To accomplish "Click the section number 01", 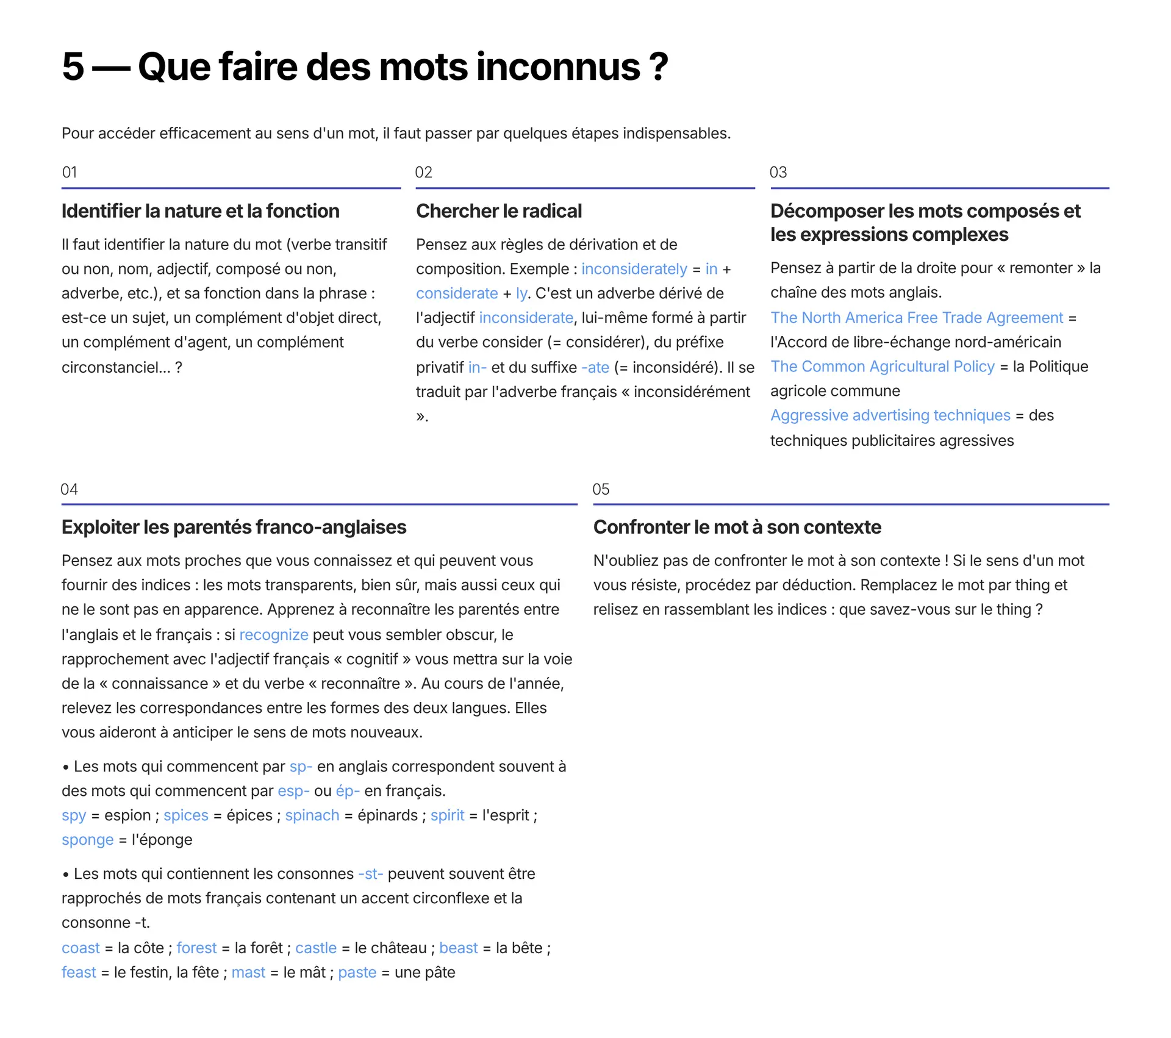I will click(x=70, y=173).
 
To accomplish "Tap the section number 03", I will click(x=778, y=173).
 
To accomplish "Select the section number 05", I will click(x=601, y=489).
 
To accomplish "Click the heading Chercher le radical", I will click(x=498, y=211).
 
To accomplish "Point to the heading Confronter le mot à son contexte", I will click(x=737, y=527).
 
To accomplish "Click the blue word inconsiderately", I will click(x=634, y=269).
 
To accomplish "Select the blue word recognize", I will click(x=274, y=635).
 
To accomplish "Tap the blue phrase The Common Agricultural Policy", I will click(x=882, y=367).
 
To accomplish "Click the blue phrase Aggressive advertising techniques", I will click(x=890, y=415).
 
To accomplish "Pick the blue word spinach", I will click(x=312, y=815).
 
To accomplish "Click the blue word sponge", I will click(x=87, y=840).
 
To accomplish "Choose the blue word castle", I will click(x=315, y=948).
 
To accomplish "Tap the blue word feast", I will click(x=79, y=972).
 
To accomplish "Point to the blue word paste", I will click(x=357, y=972).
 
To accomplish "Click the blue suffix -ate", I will click(x=595, y=367).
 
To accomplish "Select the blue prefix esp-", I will click(x=293, y=791).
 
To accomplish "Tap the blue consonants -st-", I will click(x=371, y=874).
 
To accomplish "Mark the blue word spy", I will click(x=74, y=815).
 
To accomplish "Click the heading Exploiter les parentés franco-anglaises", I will click(x=234, y=527).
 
